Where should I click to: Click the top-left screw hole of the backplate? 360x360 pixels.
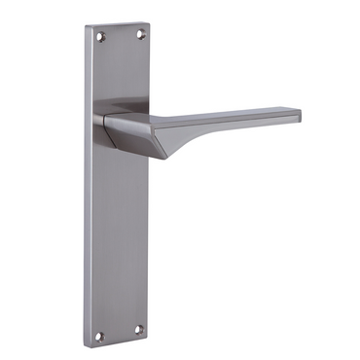pyautogui.click(x=100, y=37)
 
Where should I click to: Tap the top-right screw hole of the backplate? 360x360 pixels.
pyautogui.click(x=140, y=37)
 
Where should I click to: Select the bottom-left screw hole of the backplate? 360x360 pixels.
pyautogui.click(x=99, y=336)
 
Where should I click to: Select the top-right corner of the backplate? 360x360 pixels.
pyautogui.click(x=151, y=27)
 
